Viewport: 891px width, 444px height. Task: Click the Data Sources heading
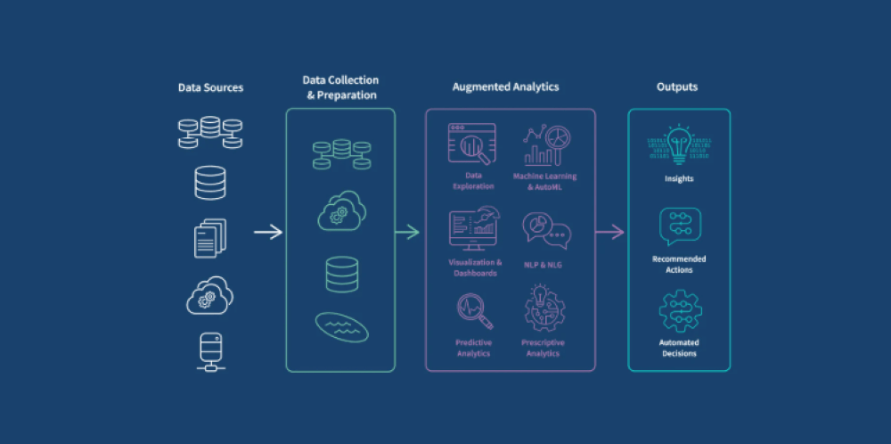pyautogui.click(x=210, y=87)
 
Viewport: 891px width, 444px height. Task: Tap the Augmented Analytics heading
pyautogui.click(x=505, y=87)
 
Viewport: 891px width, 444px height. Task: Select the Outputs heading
pyautogui.click(x=677, y=87)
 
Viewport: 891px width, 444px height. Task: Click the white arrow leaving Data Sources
pyautogui.click(x=267, y=233)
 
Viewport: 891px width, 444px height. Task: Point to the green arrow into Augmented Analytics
pyautogui.click(x=407, y=233)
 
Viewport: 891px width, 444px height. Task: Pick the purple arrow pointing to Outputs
pyautogui.click(x=609, y=233)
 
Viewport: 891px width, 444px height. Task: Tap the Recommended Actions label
pyautogui.click(x=679, y=265)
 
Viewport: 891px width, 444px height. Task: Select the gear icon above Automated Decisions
pyautogui.click(x=680, y=311)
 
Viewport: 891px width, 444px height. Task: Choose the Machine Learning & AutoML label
pyautogui.click(x=544, y=181)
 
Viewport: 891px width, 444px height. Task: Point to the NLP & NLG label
pyautogui.click(x=546, y=265)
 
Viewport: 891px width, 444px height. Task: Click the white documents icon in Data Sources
pyautogui.click(x=210, y=237)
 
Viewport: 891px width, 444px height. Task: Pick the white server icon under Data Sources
pyautogui.click(x=210, y=351)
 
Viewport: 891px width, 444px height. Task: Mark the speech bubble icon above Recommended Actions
pyautogui.click(x=680, y=226)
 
